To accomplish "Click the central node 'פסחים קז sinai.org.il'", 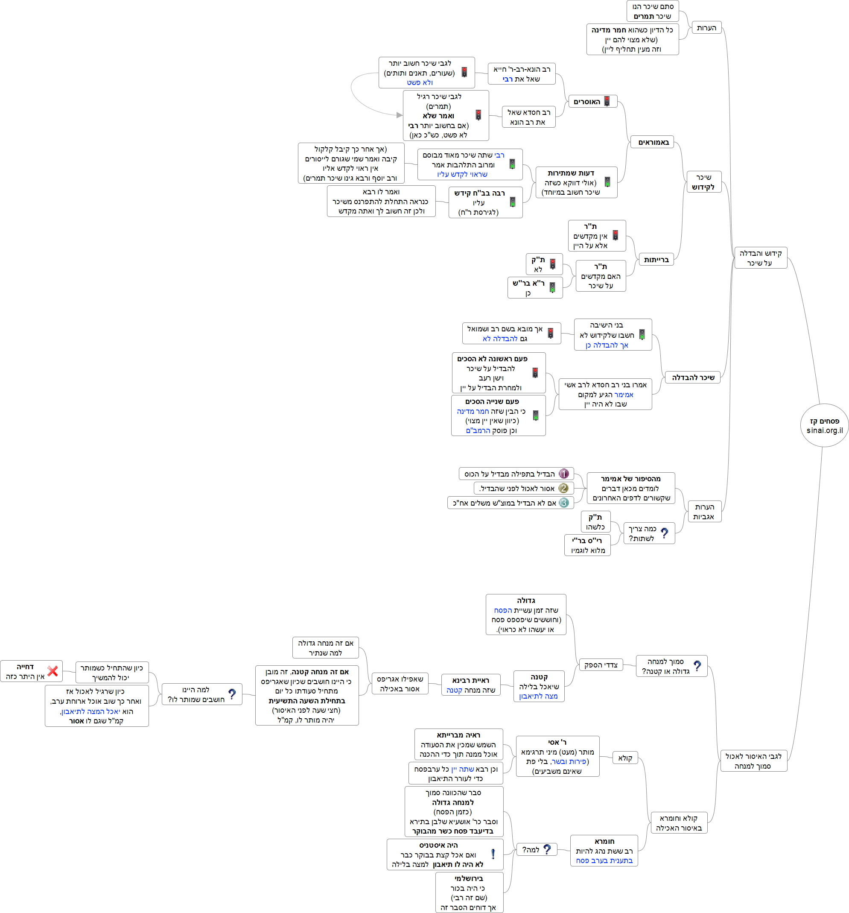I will point(824,425).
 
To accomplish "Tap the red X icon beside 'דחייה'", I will point(53,671).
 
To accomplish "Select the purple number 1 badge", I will point(564,474).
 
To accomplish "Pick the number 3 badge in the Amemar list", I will point(564,503).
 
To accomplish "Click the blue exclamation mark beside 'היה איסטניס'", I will point(493,854).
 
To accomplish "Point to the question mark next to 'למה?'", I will point(547,850).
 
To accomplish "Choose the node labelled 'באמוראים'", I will point(654,142).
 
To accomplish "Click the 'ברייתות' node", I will point(656,260).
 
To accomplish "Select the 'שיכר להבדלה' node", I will point(693,377).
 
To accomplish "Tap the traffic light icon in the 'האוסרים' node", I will point(607,102).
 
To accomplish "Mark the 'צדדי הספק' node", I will point(601,665).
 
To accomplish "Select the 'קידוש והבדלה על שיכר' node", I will point(760,258).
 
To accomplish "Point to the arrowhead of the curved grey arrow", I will point(400,115).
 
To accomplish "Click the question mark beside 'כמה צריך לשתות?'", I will point(665,533).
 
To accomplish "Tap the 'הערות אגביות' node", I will point(704,512).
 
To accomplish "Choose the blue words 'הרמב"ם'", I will point(478,431).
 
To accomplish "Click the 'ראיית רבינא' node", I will point(471,685).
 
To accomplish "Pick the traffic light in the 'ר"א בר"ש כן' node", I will point(552,287).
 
